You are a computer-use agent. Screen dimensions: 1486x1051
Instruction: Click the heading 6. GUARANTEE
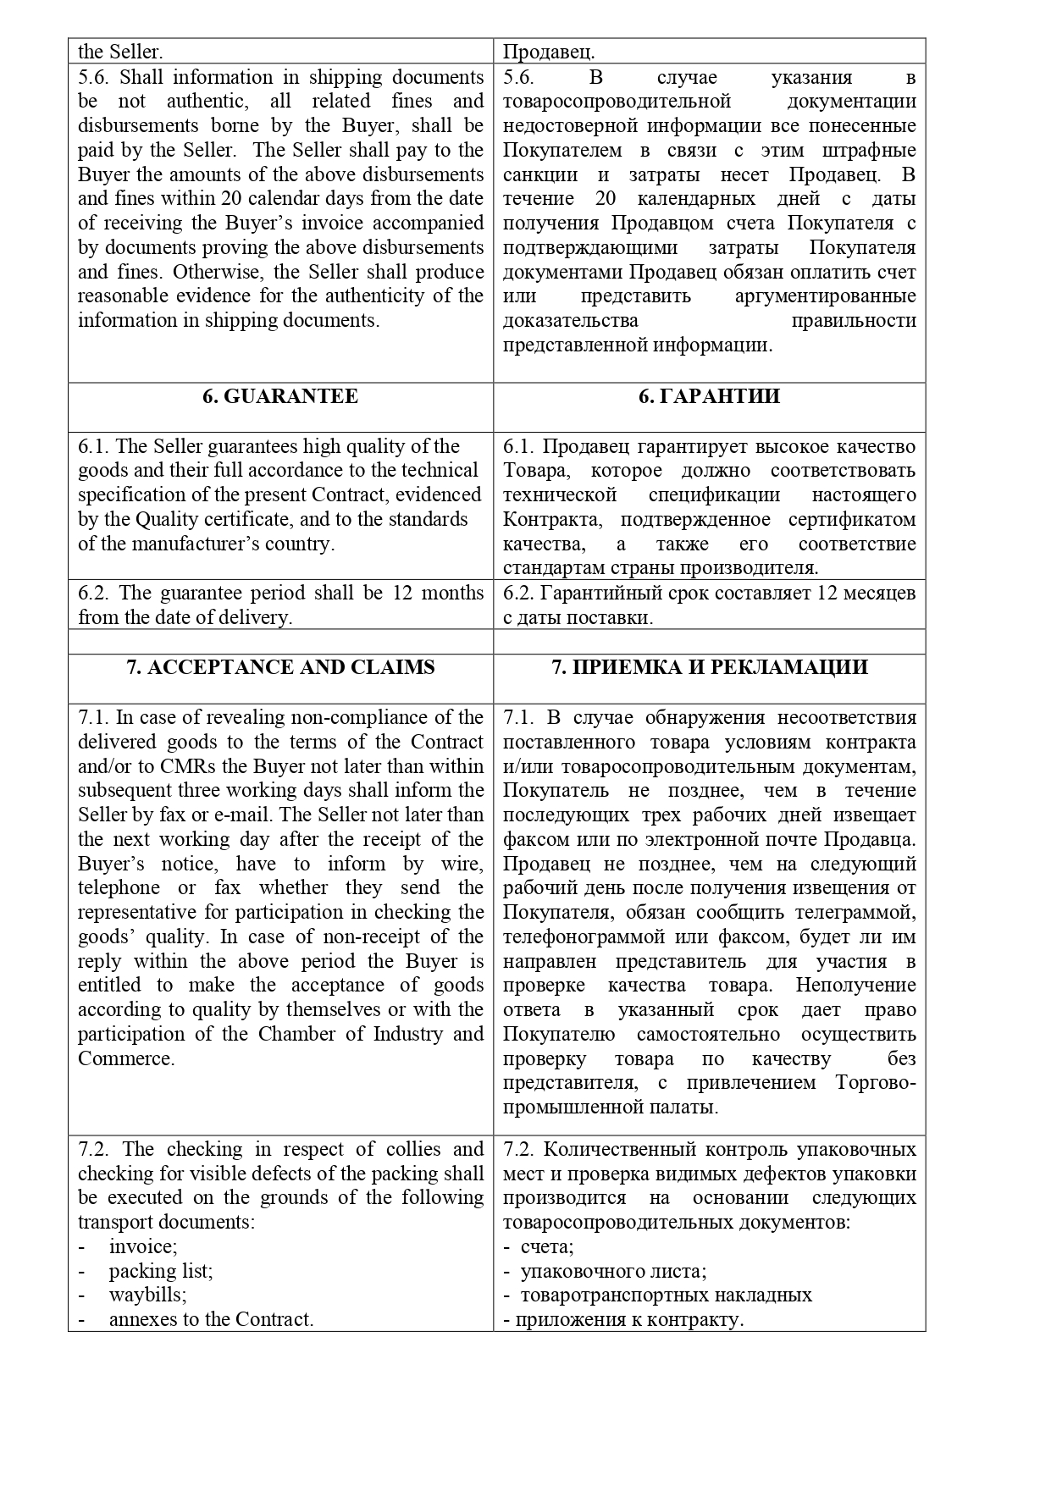tap(279, 397)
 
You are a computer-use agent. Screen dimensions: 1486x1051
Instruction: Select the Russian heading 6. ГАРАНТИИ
tap(709, 397)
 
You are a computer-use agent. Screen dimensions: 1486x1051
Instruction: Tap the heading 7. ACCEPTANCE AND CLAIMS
tap(279, 667)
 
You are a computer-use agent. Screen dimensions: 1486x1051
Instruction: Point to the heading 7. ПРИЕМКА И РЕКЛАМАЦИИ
tap(709, 667)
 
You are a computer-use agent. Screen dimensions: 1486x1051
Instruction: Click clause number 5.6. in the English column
tap(93, 78)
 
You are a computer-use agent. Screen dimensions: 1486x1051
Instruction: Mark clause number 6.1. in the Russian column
tap(518, 447)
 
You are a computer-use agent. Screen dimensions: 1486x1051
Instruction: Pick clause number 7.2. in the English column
tap(93, 1149)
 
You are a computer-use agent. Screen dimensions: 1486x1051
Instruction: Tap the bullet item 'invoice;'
tap(142, 1246)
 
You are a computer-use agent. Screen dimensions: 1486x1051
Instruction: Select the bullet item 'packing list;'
tap(160, 1271)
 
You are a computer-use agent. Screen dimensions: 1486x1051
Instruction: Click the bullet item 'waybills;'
tap(147, 1295)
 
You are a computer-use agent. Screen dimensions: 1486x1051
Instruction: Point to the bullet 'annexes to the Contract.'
tap(211, 1319)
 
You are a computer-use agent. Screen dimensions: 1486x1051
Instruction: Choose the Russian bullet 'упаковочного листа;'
tap(613, 1271)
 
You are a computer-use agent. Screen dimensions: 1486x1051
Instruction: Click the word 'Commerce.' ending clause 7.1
tap(126, 1058)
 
